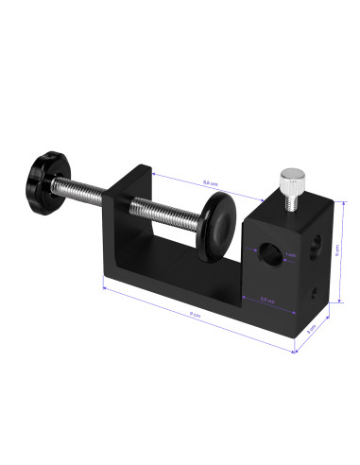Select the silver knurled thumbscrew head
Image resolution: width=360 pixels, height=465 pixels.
coord(290,177)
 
